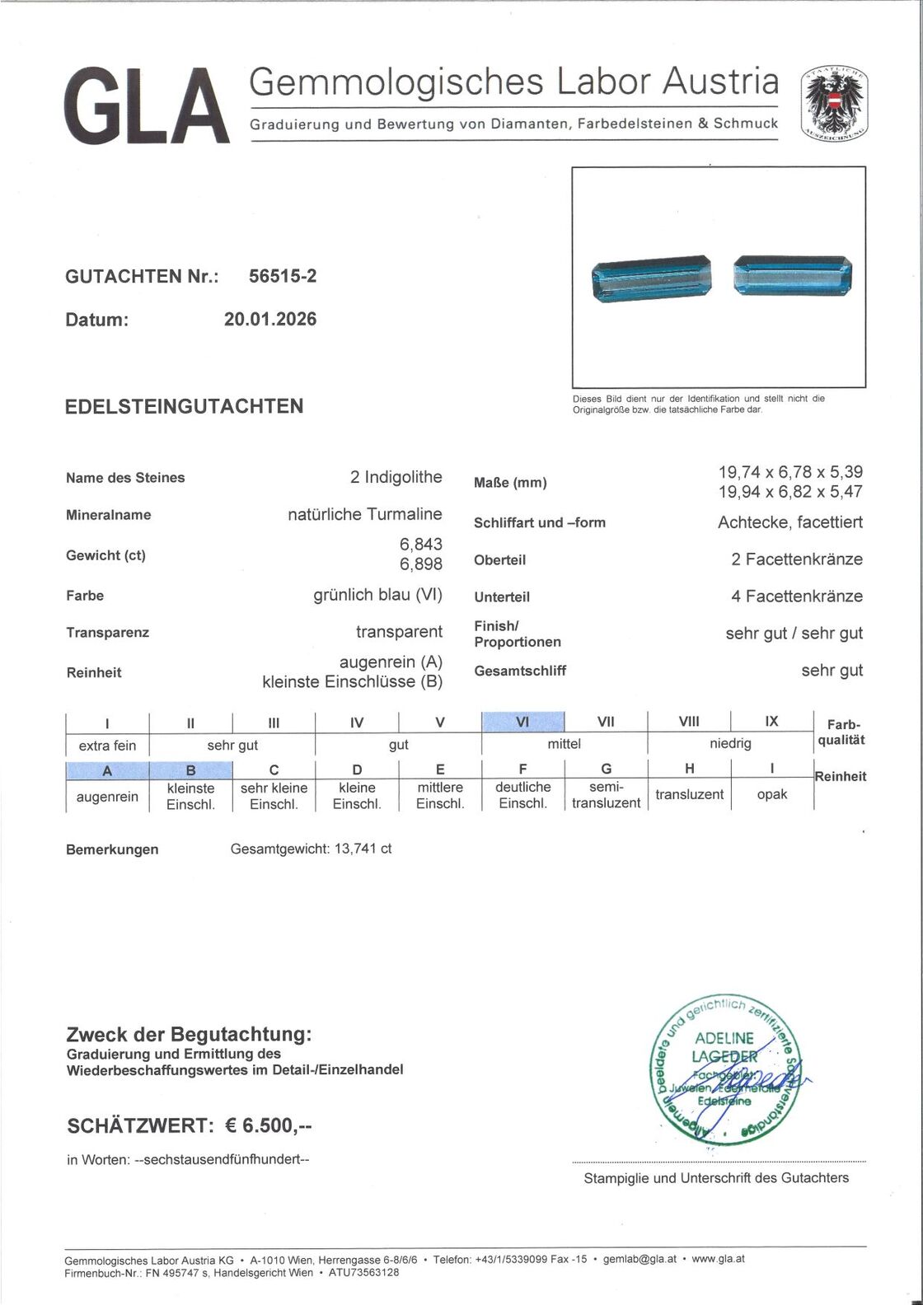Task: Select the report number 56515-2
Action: [x=283, y=277]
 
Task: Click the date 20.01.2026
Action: [x=269, y=320]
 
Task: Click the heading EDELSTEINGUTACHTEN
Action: [x=184, y=406]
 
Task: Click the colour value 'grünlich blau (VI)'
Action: [x=377, y=595]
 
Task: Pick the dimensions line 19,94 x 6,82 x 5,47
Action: [x=790, y=492]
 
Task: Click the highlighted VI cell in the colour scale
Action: [x=522, y=722]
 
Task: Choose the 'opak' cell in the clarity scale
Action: [x=771, y=794]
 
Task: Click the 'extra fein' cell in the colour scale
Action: [x=107, y=746]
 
